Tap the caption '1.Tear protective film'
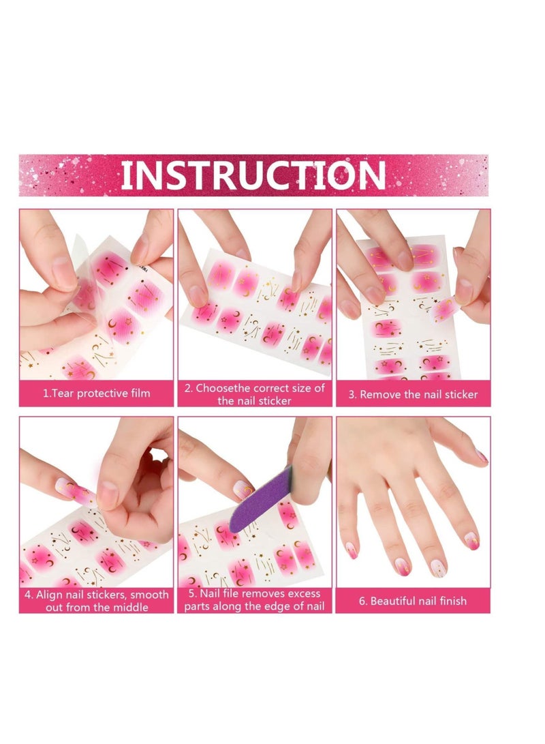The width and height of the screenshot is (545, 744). pyautogui.click(x=96, y=393)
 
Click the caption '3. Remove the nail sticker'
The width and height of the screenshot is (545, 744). pyautogui.click(x=413, y=394)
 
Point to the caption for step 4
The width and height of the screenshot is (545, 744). pyautogui.click(x=96, y=601)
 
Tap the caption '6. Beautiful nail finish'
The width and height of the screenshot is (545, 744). pyautogui.click(x=413, y=601)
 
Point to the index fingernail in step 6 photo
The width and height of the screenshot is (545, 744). pyautogui.click(x=472, y=540)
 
